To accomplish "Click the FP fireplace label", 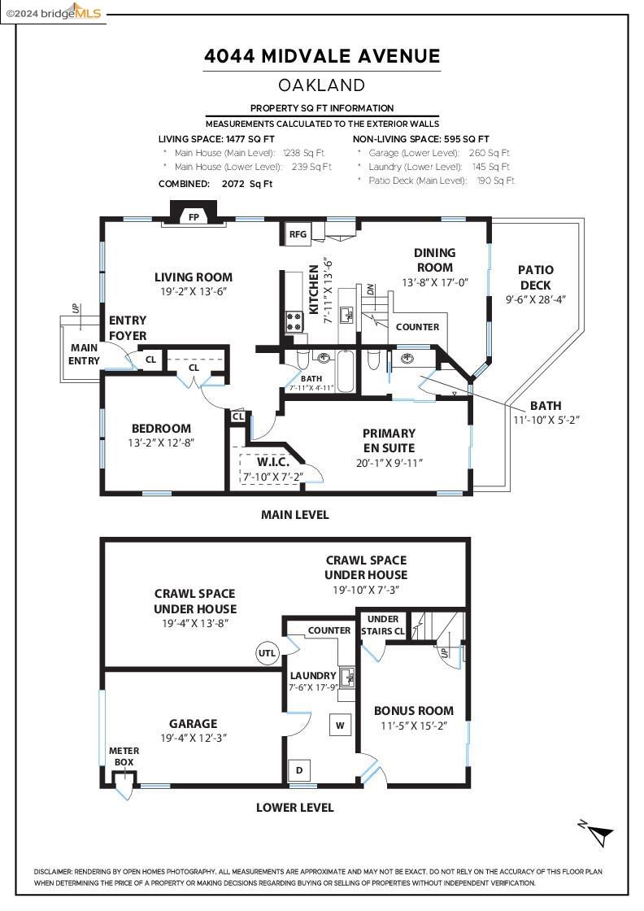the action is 194,217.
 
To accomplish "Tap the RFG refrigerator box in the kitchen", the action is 298,233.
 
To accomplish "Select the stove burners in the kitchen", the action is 294,321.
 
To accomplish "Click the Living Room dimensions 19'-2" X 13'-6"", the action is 194,292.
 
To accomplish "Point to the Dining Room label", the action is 434,260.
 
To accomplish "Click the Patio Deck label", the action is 535,277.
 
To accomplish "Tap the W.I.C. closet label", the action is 273,463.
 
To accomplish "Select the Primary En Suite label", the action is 389,440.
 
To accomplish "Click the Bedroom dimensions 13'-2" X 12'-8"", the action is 161,442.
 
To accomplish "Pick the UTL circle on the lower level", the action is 268,653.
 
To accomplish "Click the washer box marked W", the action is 340,725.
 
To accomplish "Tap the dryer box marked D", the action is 299,770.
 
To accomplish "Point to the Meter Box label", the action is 124,756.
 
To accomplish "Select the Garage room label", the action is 194,724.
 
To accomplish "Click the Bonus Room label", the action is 413,711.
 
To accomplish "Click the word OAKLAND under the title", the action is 322,85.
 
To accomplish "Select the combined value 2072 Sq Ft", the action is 247,184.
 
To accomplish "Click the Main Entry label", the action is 85,354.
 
